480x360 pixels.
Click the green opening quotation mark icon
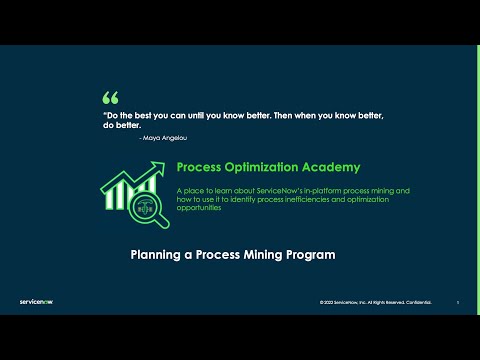click(x=110, y=98)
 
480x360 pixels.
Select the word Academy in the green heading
click(x=330, y=167)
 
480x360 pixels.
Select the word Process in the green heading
click(x=198, y=167)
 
